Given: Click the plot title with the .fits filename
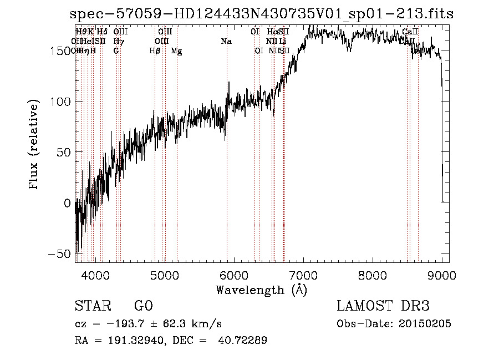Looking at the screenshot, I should pos(262,14).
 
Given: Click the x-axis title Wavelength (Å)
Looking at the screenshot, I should pos(261,290).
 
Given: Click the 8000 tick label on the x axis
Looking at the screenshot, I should pos(373,275).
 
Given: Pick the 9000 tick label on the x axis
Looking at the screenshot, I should pos(442,275).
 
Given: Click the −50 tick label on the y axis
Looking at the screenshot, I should pos(60,253).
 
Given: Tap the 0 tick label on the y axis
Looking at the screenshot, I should pos(68,203).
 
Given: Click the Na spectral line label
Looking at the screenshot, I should pos(226,42).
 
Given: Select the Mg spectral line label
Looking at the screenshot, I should pos(176,51).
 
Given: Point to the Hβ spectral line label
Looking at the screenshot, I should pos(155,51).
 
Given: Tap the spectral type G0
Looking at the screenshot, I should pos(143,306).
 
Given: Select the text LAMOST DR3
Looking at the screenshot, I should pos(383,306).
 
